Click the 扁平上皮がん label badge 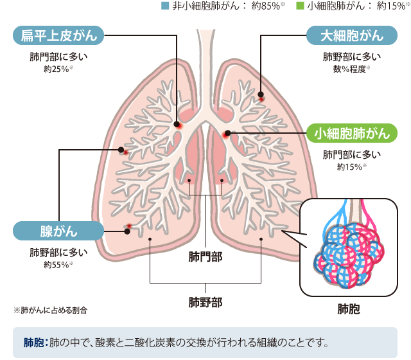tap(58, 35)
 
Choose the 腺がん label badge tap(58, 230)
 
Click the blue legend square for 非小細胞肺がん tap(165, 6)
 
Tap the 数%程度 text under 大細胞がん tap(352, 68)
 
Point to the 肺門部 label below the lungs tap(205, 257)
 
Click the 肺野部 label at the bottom tap(205, 301)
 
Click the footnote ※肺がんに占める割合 tap(50, 310)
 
